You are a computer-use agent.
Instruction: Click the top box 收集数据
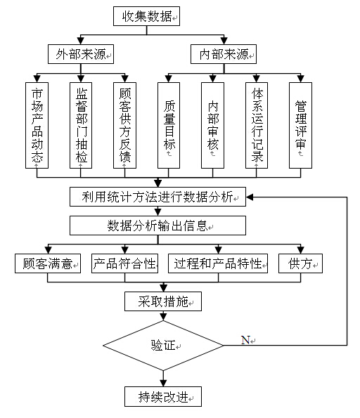click(146, 17)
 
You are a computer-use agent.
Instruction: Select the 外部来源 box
click(81, 53)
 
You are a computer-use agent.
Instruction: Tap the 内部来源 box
click(224, 53)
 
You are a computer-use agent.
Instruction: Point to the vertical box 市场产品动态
click(37, 125)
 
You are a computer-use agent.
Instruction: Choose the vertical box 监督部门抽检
click(81, 125)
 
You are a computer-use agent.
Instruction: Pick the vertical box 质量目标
click(169, 125)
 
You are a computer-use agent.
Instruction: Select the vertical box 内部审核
click(213, 125)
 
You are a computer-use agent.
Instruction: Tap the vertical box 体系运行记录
click(257, 125)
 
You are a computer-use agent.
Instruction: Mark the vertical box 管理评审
click(300, 125)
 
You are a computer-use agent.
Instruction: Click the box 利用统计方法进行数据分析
click(157, 197)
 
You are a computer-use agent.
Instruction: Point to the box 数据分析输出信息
click(157, 226)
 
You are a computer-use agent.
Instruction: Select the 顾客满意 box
click(48, 264)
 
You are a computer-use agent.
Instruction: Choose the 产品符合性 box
click(124, 264)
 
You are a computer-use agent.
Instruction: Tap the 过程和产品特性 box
click(219, 264)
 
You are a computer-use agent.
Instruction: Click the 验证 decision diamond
click(163, 345)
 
